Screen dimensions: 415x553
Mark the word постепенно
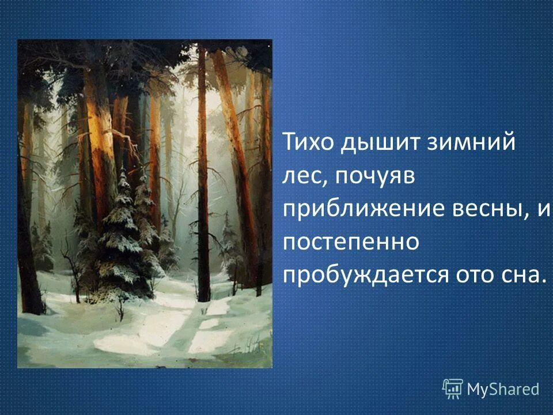350,243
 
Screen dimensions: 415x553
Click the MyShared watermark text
503,390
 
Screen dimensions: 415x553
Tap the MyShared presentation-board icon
453,388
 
